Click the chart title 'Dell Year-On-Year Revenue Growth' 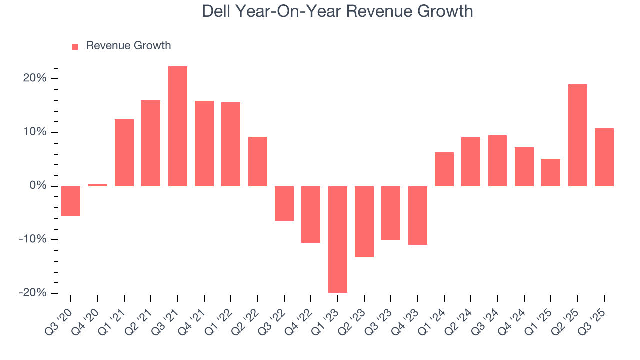[337, 11]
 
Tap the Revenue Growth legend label [128, 46]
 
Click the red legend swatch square [75, 47]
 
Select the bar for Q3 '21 [177, 126]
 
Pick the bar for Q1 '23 [337, 239]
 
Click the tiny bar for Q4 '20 [98, 185]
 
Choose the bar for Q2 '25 [577, 135]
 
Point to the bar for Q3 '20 [71, 201]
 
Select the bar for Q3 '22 [284, 203]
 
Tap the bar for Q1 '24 [444, 169]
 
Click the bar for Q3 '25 [604, 157]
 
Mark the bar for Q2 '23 [364, 222]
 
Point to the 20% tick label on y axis [34, 79]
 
